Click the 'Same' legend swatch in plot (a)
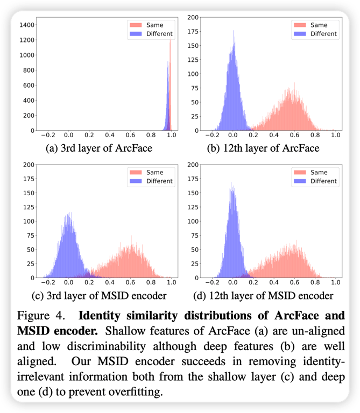(136, 25)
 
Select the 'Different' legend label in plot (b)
(323, 34)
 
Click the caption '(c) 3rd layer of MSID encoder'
(99, 295)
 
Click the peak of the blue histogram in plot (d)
(232, 184)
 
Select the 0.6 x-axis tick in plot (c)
(130, 282)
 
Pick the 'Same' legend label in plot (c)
(154, 172)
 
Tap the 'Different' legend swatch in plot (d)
(300, 181)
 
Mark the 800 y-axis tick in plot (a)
(29, 70)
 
